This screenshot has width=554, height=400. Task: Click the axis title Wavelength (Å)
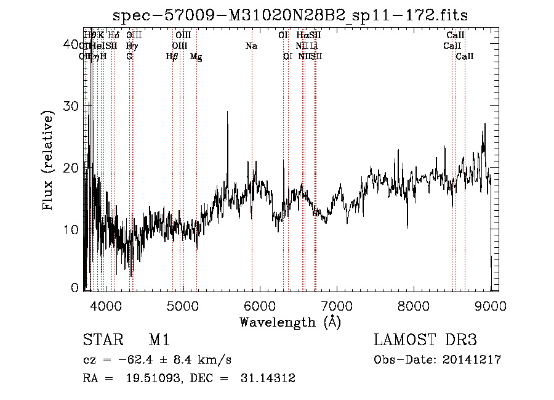[x=290, y=322]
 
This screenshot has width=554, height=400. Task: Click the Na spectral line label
[x=251, y=46]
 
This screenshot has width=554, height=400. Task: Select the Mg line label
[x=196, y=56]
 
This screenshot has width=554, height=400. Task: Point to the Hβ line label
[x=172, y=56]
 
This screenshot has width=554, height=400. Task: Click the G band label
[x=129, y=56]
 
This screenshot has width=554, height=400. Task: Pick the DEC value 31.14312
[x=268, y=378]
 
